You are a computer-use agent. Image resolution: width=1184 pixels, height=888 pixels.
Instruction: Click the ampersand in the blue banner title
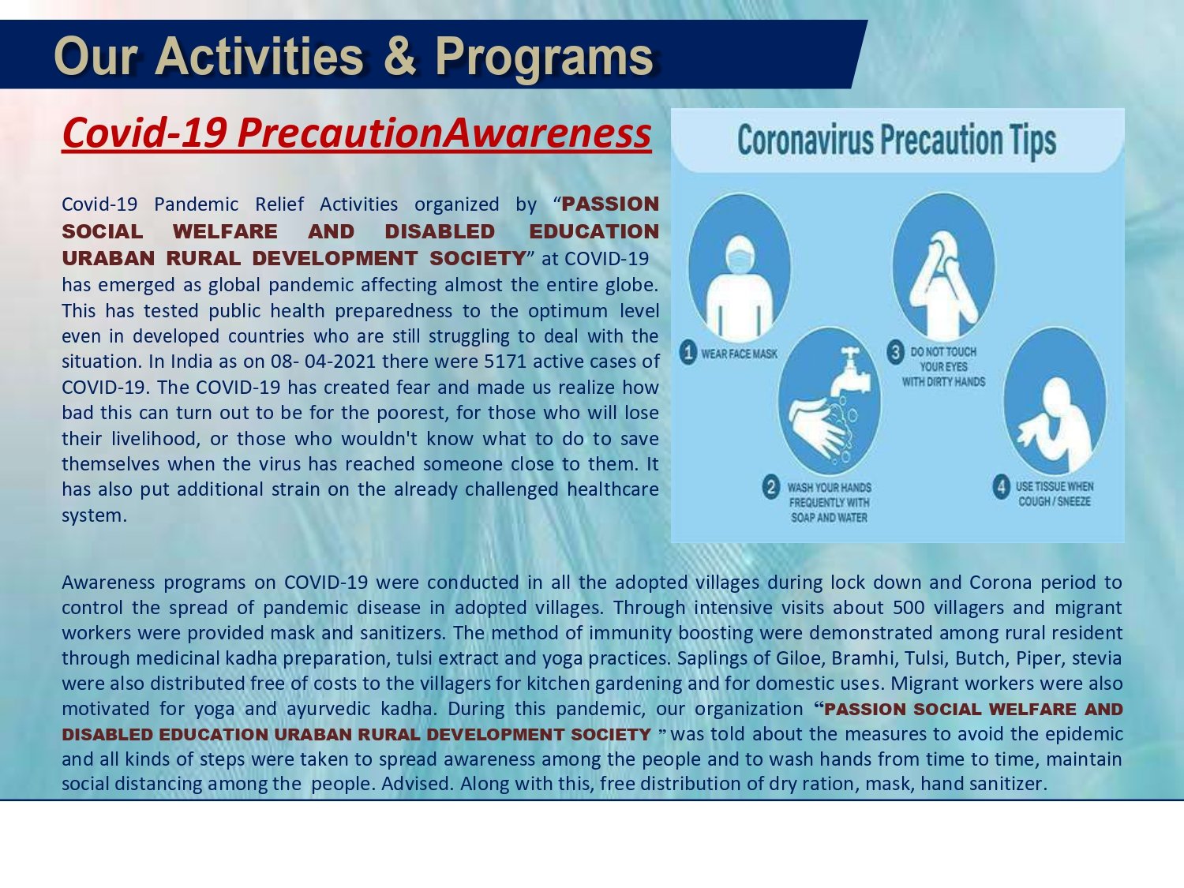coord(400,57)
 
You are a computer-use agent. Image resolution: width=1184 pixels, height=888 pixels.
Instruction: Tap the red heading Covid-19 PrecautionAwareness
coord(357,133)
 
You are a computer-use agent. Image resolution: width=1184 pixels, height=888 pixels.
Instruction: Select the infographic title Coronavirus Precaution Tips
coord(897,141)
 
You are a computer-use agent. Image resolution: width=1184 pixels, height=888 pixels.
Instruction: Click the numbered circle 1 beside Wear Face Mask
coord(688,354)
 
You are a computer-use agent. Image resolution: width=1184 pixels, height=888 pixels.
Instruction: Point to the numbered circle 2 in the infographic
coord(771,487)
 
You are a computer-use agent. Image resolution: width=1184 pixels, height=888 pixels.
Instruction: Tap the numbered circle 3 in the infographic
coord(895,353)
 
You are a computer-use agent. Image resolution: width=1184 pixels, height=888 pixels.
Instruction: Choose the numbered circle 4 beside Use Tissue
coord(1001,487)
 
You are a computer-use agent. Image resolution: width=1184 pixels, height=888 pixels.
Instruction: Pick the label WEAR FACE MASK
coord(740,354)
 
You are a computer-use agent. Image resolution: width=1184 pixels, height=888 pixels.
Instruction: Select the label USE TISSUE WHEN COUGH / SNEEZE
coord(1055,494)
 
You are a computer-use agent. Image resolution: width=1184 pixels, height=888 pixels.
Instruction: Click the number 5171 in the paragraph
coord(505,362)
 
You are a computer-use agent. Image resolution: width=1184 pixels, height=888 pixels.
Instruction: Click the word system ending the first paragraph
coord(95,516)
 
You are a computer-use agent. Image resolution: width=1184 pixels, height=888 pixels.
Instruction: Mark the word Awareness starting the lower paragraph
coord(107,583)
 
